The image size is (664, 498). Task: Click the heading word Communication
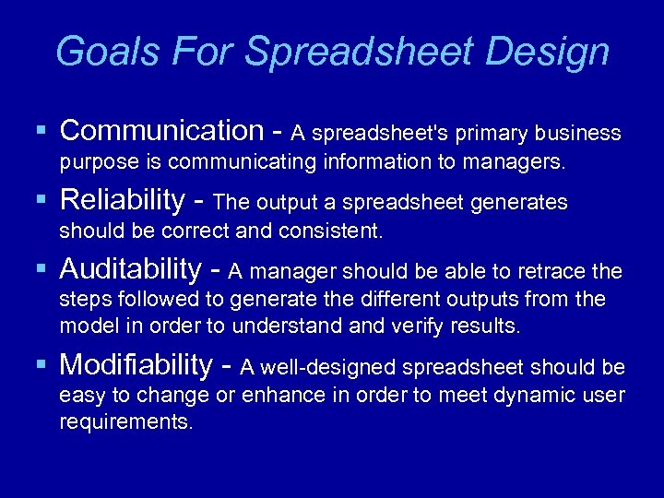(161, 131)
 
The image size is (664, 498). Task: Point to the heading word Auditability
(130, 269)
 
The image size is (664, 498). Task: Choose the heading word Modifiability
(136, 365)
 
